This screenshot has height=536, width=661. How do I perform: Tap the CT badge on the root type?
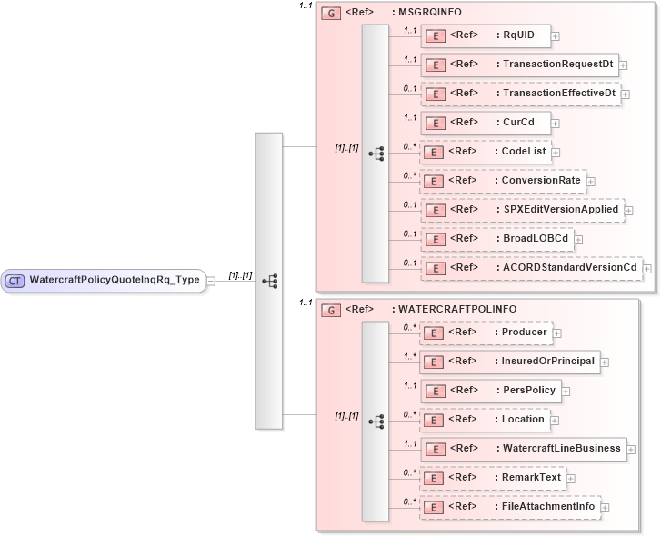pyautogui.click(x=15, y=280)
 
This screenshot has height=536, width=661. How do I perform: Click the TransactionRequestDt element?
pyautogui.click(x=519, y=65)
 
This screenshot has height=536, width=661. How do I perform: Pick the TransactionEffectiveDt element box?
pyautogui.click(x=520, y=94)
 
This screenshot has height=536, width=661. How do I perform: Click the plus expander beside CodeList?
pyautogui.click(x=556, y=153)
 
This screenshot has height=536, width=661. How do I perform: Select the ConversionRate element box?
pyautogui.click(x=502, y=181)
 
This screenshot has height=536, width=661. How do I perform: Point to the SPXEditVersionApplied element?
pyautogui.click(x=522, y=210)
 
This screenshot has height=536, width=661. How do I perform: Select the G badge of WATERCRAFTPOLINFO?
pyautogui.click(x=333, y=310)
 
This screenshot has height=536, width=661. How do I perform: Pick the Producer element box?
pyautogui.click(x=486, y=333)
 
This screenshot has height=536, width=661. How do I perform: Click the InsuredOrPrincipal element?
pyautogui.click(x=509, y=362)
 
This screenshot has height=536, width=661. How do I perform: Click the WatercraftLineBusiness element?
pyautogui.click(x=522, y=449)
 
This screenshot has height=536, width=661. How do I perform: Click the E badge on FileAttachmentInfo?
pyautogui.click(x=436, y=507)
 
